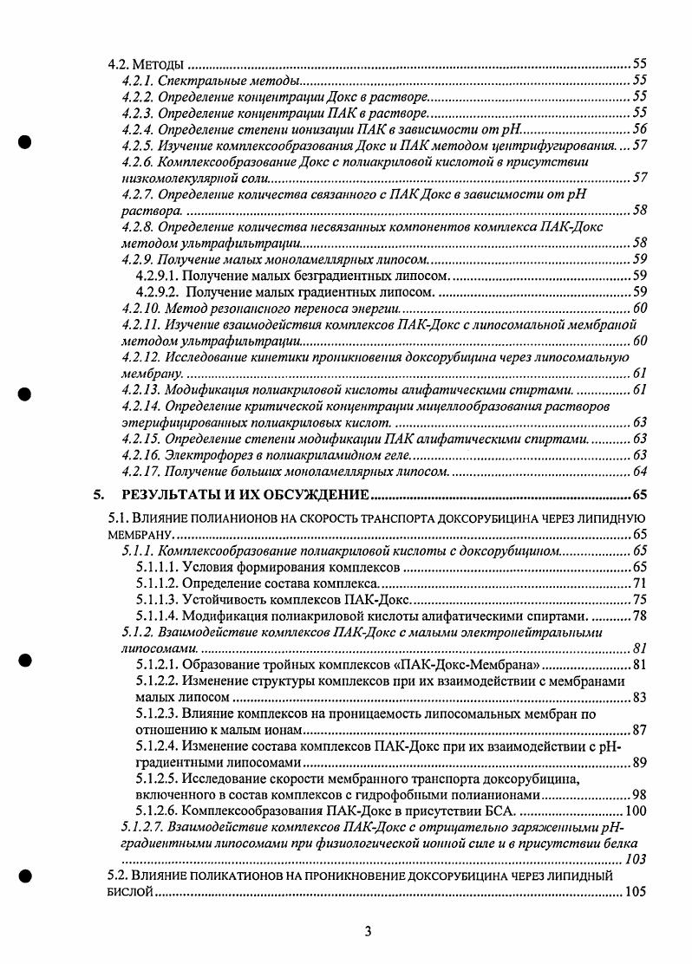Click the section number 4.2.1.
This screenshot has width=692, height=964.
point(138,81)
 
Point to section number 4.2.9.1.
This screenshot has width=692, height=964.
point(157,276)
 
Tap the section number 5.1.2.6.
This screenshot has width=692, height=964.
point(157,811)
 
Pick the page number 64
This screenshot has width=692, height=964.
point(640,472)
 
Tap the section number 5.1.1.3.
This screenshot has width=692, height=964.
point(157,599)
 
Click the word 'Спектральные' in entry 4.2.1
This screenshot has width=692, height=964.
point(198,81)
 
